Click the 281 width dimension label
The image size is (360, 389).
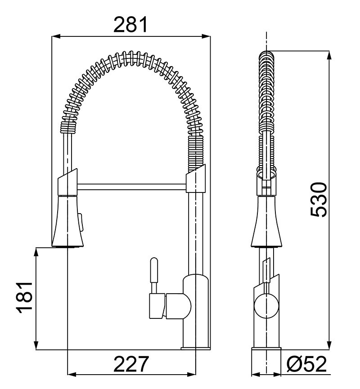pos(130,25)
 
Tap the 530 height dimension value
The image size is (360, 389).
pos(319,200)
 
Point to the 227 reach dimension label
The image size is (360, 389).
pos(131,364)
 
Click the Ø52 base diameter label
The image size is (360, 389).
pos(306,364)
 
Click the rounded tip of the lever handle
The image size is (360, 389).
pos(154,260)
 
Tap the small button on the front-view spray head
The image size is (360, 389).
pos(81,222)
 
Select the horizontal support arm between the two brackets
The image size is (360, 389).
pos(131,187)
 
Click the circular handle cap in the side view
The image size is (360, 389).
pos(266,305)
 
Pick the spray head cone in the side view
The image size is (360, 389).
pos(266,222)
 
